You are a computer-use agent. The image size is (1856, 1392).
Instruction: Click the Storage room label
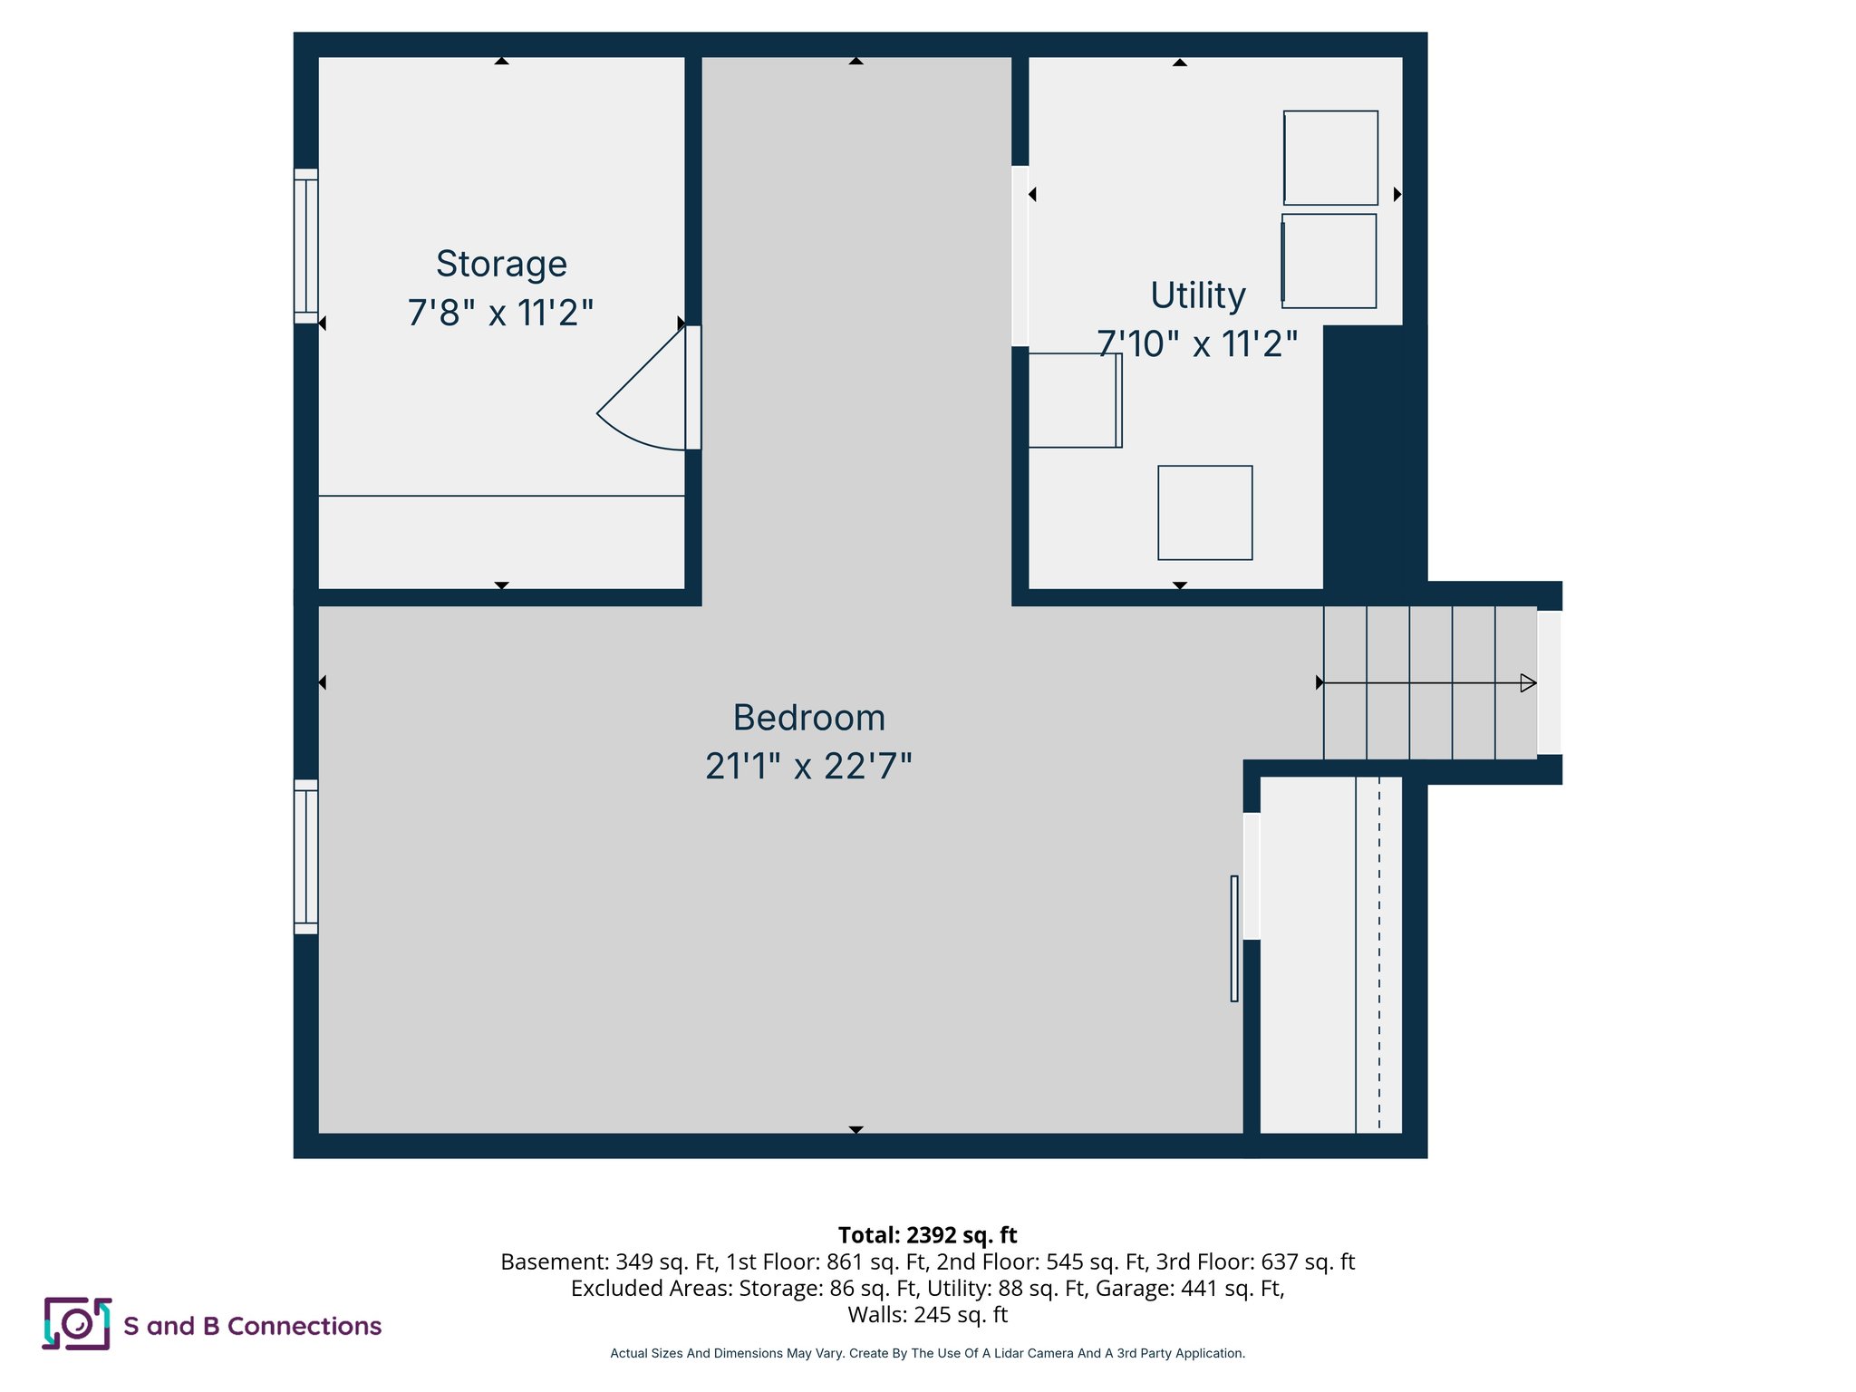pyautogui.click(x=501, y=264)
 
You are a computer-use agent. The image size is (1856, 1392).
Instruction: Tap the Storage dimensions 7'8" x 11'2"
pyautogui.click(x=500, y=313)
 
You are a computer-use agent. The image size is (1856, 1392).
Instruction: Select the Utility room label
pyautogui.click(x=1197, y=295)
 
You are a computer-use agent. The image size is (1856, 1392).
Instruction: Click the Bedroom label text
pyautogui.click(x=808, y=718)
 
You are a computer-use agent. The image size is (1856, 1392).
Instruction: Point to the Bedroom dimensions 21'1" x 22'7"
pyautogui.click(x=808, y=767)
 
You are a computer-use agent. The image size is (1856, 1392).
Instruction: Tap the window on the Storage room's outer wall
pyautogui.click(x=306, y=246)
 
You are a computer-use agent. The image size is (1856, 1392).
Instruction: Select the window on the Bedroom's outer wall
pyautogui.click(x=306, y=856)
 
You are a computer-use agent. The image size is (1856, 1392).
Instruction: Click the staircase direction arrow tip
pyautogui.click(x=1528, y=683)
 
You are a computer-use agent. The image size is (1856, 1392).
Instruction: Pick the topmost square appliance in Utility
pyautogui.click(x=1330, y=158)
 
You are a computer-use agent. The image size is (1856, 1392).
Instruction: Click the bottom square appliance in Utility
pyautogui.click(x=1204, y=513)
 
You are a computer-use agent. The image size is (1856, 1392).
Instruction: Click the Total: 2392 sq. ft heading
pyautogui.click(x=927, y=1235)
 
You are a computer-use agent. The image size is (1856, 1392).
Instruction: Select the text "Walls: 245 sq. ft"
pyautogui.click(x=927, y=1314)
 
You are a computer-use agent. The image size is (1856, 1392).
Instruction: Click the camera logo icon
pyautogui.click(x=77, y=1324)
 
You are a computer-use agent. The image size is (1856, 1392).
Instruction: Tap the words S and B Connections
pyautogui.click(x=252, y=1326)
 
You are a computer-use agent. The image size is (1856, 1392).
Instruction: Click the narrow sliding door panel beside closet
pyautogui.click(x=1234, y=938)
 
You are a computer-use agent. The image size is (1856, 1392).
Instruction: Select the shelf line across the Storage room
pyautogui.click(x=501, y=496)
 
